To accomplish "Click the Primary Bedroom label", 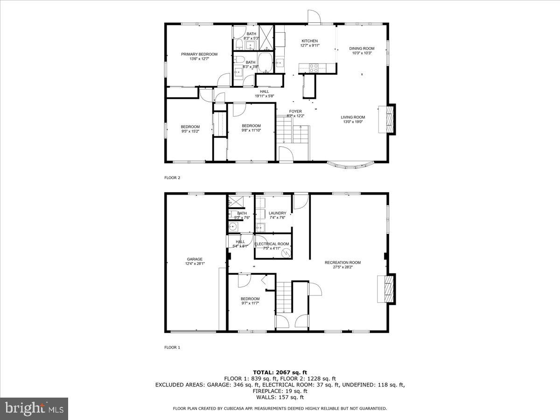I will pos(200,56).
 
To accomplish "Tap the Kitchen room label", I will pos(309,43).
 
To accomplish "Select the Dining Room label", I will pos(362,50).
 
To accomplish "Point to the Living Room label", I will pos(352,119).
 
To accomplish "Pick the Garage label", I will pos(195,261).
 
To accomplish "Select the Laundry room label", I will pos(277,215).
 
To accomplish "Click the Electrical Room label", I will pos(272,246).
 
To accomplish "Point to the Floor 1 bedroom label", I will pos(250,301).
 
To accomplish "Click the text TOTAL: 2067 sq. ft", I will pos(280,372).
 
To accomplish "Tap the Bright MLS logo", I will pos(34,408).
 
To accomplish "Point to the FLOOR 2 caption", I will pos(172,177).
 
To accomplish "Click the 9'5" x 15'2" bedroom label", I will pos(190,129).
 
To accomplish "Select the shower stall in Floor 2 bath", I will pos(266,38).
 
